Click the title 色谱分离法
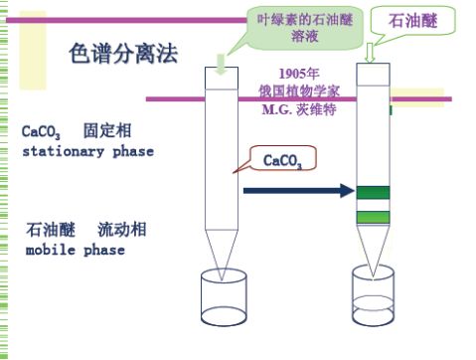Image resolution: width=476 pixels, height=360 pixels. pyautogui.click(x=123, y=55)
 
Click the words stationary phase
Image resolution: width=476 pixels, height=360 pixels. pyautogui.click(x=87, y=151)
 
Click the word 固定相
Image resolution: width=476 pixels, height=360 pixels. pyautogui.click(x=107, y=131)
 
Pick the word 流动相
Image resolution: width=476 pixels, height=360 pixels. pyautogui.click(x=122, y=230)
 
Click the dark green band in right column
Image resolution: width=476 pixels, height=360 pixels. pyautogui.click(x=374, y=193)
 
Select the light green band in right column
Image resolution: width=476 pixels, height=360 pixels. pyautogui.click(x=374, y=217)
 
